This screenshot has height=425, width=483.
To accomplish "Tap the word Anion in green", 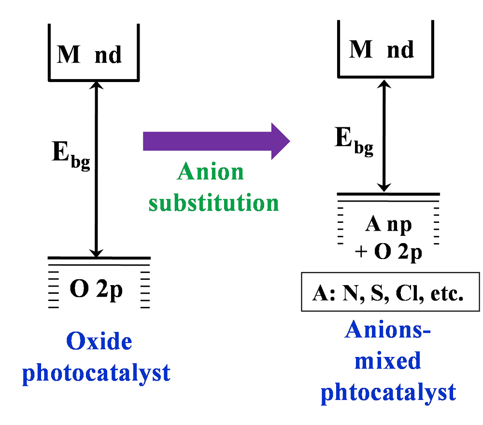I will click(x=211, y=172).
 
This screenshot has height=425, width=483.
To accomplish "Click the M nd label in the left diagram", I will click(x=89, y=55).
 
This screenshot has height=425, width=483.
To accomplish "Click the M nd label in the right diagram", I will click(x=382, y=49).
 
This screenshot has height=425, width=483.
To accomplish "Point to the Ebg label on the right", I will click(x=354, y=141).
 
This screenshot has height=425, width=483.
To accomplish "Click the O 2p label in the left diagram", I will click(x=97, y=291).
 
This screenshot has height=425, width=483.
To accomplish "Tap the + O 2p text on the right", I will click(x=388, y=252).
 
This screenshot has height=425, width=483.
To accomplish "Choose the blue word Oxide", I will click(x=99, y=342).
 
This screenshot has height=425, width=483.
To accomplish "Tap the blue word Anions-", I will click(x=388, y=331).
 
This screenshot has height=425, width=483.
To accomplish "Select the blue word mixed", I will click(x=388, y=360).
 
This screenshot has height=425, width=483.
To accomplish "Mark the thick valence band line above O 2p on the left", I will click(x=99, y=258).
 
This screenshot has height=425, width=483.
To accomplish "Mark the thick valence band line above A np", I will click(x=388, y=194).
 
